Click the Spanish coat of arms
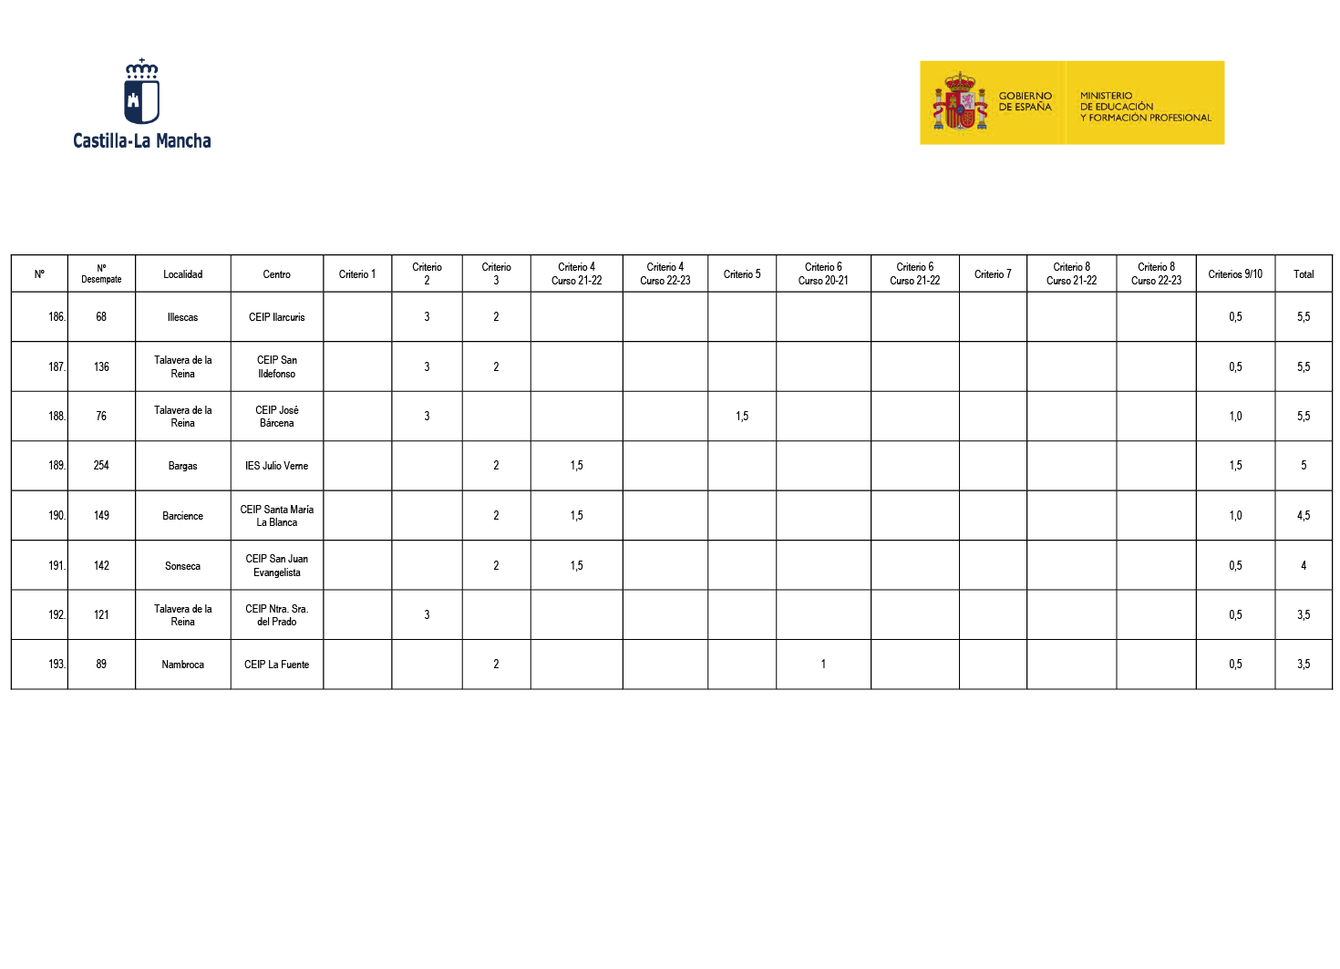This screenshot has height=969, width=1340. [x=960, y=102]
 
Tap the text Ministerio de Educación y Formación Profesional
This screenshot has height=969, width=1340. [x=1145, y=107]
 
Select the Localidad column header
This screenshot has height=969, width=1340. [x=183, y=274]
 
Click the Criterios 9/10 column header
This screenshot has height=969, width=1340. [x=1235, y=274]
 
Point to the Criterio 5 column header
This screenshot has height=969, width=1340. [x=742, y=274]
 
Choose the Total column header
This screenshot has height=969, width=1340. [x=1304, y=274]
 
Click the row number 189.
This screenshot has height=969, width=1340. [x=57, y=466]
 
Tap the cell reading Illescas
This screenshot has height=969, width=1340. [x=182, y=317]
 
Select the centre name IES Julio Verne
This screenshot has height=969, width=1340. [x=277, y=466]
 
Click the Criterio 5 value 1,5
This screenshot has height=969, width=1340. [x=742, y=417]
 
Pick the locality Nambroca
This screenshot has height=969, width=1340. [x=182, y=665]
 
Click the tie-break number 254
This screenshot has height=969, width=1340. [x=101, y=466]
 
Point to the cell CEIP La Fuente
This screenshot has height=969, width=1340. [x=277, y=665]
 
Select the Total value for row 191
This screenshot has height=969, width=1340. [x=1304, y=566]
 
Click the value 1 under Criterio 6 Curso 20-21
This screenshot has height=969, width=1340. [x=823, y=665]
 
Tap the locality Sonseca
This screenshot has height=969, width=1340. [x=182, y=566]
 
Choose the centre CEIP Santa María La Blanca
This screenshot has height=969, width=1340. [x=277, y=516]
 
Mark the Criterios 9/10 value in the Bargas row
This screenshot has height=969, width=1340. [x=1235, y=466]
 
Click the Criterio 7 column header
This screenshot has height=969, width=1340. [x=993, y=274]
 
